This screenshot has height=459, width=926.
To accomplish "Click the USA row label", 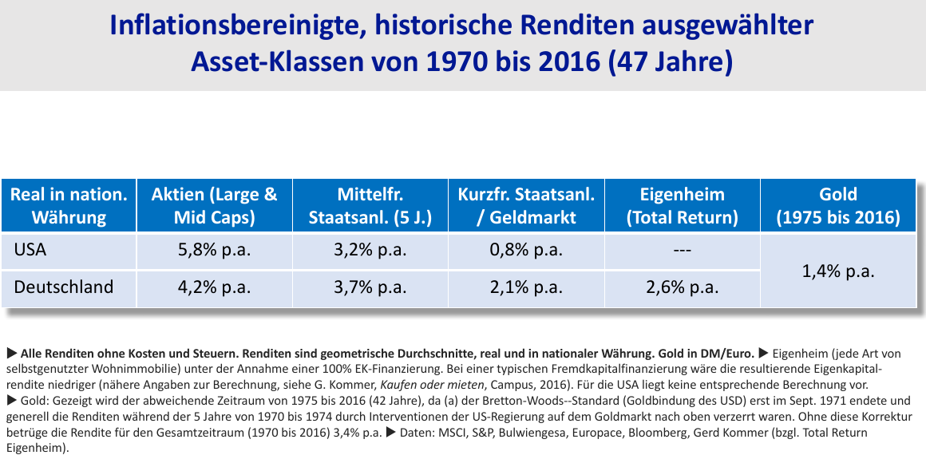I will (x=30, y=250).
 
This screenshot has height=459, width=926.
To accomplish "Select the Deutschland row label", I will (x=64, y=287).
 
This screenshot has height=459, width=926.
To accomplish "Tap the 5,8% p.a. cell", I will (x=214, y=250).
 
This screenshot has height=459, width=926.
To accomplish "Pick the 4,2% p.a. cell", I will (x=214, y=287).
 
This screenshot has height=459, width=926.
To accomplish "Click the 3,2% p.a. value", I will (x=370, y=250).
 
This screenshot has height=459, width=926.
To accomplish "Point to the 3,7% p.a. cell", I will (x=370, y=287).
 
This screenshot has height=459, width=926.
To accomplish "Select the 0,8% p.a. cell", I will (x=525, y=250).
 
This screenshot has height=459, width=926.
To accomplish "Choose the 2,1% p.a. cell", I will (x=525, y=287).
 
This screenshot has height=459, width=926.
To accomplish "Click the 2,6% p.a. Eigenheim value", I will (x=682, y=287).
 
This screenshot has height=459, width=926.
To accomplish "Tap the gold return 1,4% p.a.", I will (x=837, y=271).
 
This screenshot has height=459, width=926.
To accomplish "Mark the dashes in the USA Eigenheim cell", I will (x=682, y=251).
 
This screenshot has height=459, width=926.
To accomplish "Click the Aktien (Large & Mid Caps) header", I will (x=214, y=205).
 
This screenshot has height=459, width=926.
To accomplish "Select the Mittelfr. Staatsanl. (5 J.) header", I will (x=370, y=205).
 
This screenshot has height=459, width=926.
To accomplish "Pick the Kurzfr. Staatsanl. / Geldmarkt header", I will (x=525, y=205).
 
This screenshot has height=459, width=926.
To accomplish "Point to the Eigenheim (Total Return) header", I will (x=682, y=205).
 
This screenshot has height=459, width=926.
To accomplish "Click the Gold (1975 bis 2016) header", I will (x=837, y=205).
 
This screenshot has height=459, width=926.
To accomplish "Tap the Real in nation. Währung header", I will (x=69, y=205).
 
